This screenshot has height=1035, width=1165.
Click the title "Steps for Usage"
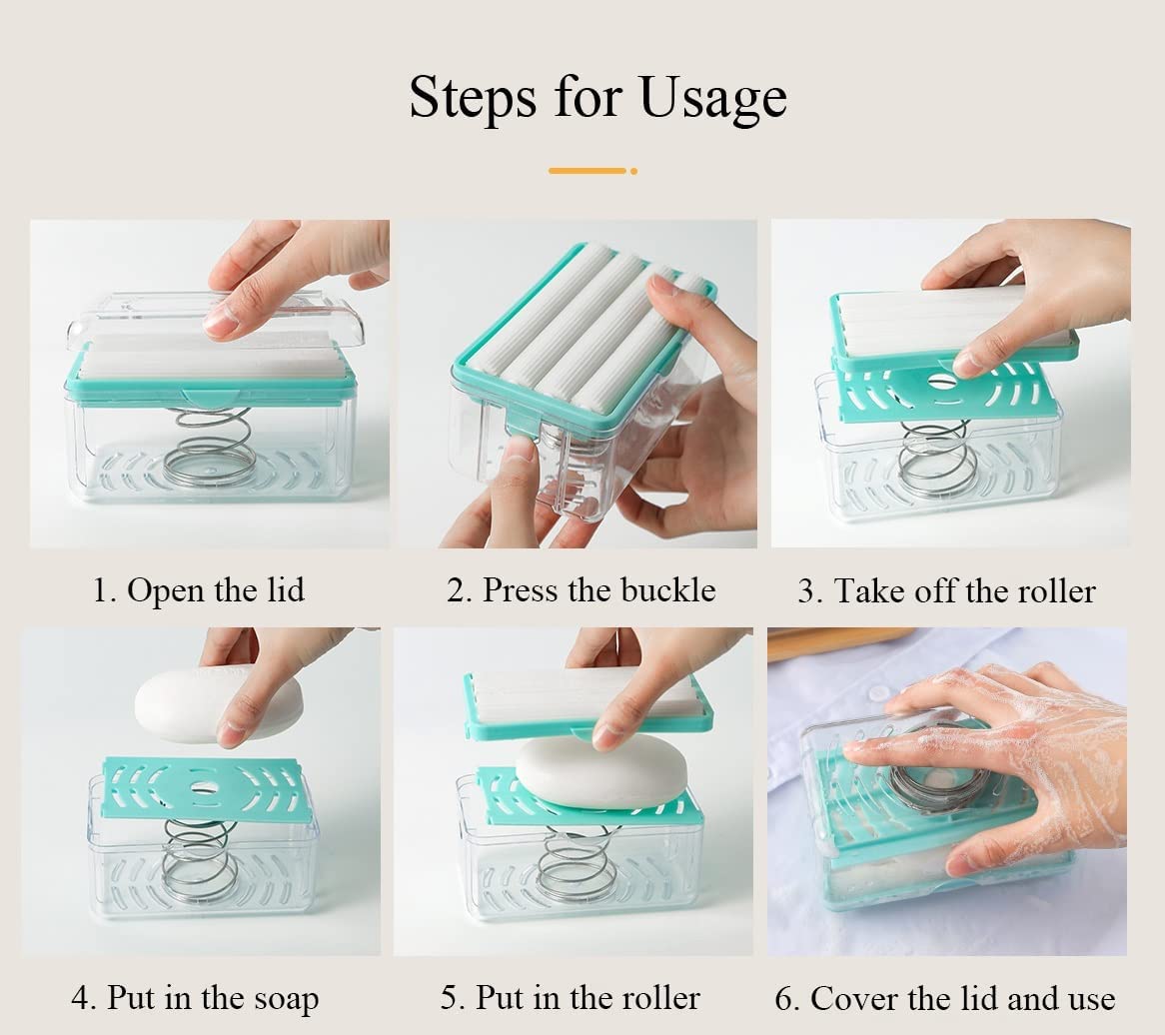pos(597,98)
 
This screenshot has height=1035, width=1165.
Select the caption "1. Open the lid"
pos(198,590)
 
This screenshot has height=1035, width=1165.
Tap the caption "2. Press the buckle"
pos(581,590)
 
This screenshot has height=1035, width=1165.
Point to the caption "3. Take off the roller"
pos(946,591)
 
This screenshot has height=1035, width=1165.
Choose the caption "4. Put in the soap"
pos(195,998)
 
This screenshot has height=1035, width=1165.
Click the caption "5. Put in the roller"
pos(571,997)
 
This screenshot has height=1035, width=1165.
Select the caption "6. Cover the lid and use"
pos(945,998)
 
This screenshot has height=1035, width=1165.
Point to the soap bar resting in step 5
pos(601,772)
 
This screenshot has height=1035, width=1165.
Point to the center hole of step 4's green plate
pos(205,789)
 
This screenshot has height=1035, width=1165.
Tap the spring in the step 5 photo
pos(578,865)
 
